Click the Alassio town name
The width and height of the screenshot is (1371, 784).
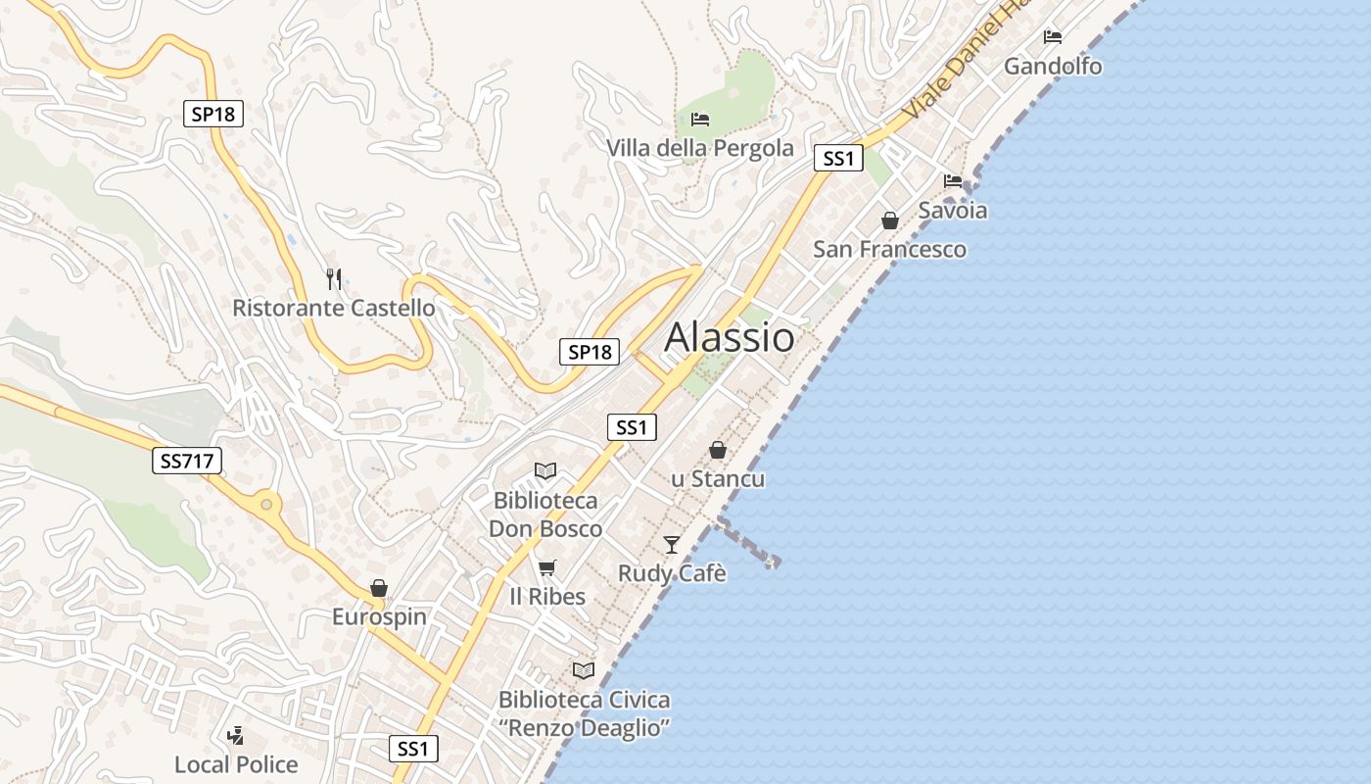click(730, 337)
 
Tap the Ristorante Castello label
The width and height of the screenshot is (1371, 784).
click(334, 308)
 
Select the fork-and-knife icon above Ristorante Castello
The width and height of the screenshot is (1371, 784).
click(334, 279)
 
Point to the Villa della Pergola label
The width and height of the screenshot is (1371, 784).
click(700, 148)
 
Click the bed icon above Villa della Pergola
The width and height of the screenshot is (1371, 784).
click(700, 120)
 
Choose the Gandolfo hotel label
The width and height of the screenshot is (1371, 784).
click(1053, 67)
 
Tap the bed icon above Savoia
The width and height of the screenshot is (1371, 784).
click(952, 181)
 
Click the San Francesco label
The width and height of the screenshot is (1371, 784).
click(889, 249)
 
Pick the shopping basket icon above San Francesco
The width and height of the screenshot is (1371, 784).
click(890, 220)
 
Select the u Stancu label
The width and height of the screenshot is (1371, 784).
click(718, 478)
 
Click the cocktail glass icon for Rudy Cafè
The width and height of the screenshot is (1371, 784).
click(672, 544)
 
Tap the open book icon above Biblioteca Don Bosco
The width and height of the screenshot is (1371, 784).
click(545, 471)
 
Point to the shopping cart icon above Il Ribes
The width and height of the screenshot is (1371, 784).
click(547, 567)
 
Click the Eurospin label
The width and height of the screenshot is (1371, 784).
click(379, 616)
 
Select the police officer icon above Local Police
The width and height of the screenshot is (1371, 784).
click(235, 735)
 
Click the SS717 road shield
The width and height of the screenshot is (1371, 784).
click(187, 461)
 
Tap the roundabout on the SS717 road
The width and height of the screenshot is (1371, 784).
click(264, 506)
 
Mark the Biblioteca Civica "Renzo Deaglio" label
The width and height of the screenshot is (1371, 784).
click(585, 713)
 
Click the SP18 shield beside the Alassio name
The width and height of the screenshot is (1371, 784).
click(590, 352)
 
